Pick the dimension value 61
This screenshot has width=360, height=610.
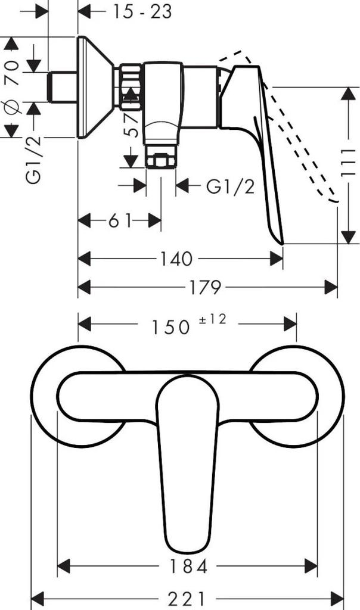(120, 221)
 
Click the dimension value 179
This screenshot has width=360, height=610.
(204, 288)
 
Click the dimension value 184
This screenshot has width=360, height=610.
(187, 566)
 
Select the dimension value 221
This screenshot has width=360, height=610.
(187, 597)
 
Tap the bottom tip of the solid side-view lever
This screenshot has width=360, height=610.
(281, 241)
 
